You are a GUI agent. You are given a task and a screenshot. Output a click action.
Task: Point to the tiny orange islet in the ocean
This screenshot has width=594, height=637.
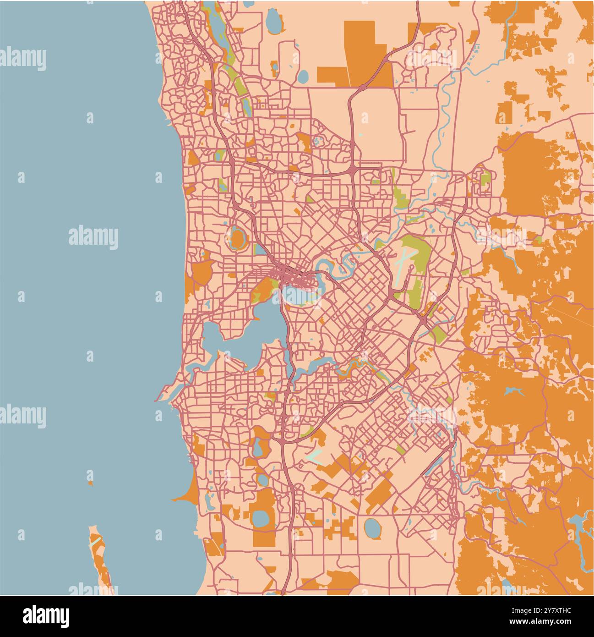pos(90,483)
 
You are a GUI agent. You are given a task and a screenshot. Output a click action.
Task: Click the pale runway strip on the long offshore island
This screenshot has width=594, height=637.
pos(96,541)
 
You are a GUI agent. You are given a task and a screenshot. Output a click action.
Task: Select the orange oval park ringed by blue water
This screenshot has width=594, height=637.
pos(237,238)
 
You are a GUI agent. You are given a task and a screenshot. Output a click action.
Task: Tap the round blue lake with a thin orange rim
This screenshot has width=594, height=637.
pos(372,528)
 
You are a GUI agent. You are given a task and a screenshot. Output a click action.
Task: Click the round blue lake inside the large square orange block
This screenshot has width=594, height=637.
pos(261,519)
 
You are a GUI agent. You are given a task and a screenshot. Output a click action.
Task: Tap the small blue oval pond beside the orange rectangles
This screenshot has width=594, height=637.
pos(303,76)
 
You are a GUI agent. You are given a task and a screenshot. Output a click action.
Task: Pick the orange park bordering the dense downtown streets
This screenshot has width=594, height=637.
pos(263,287)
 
